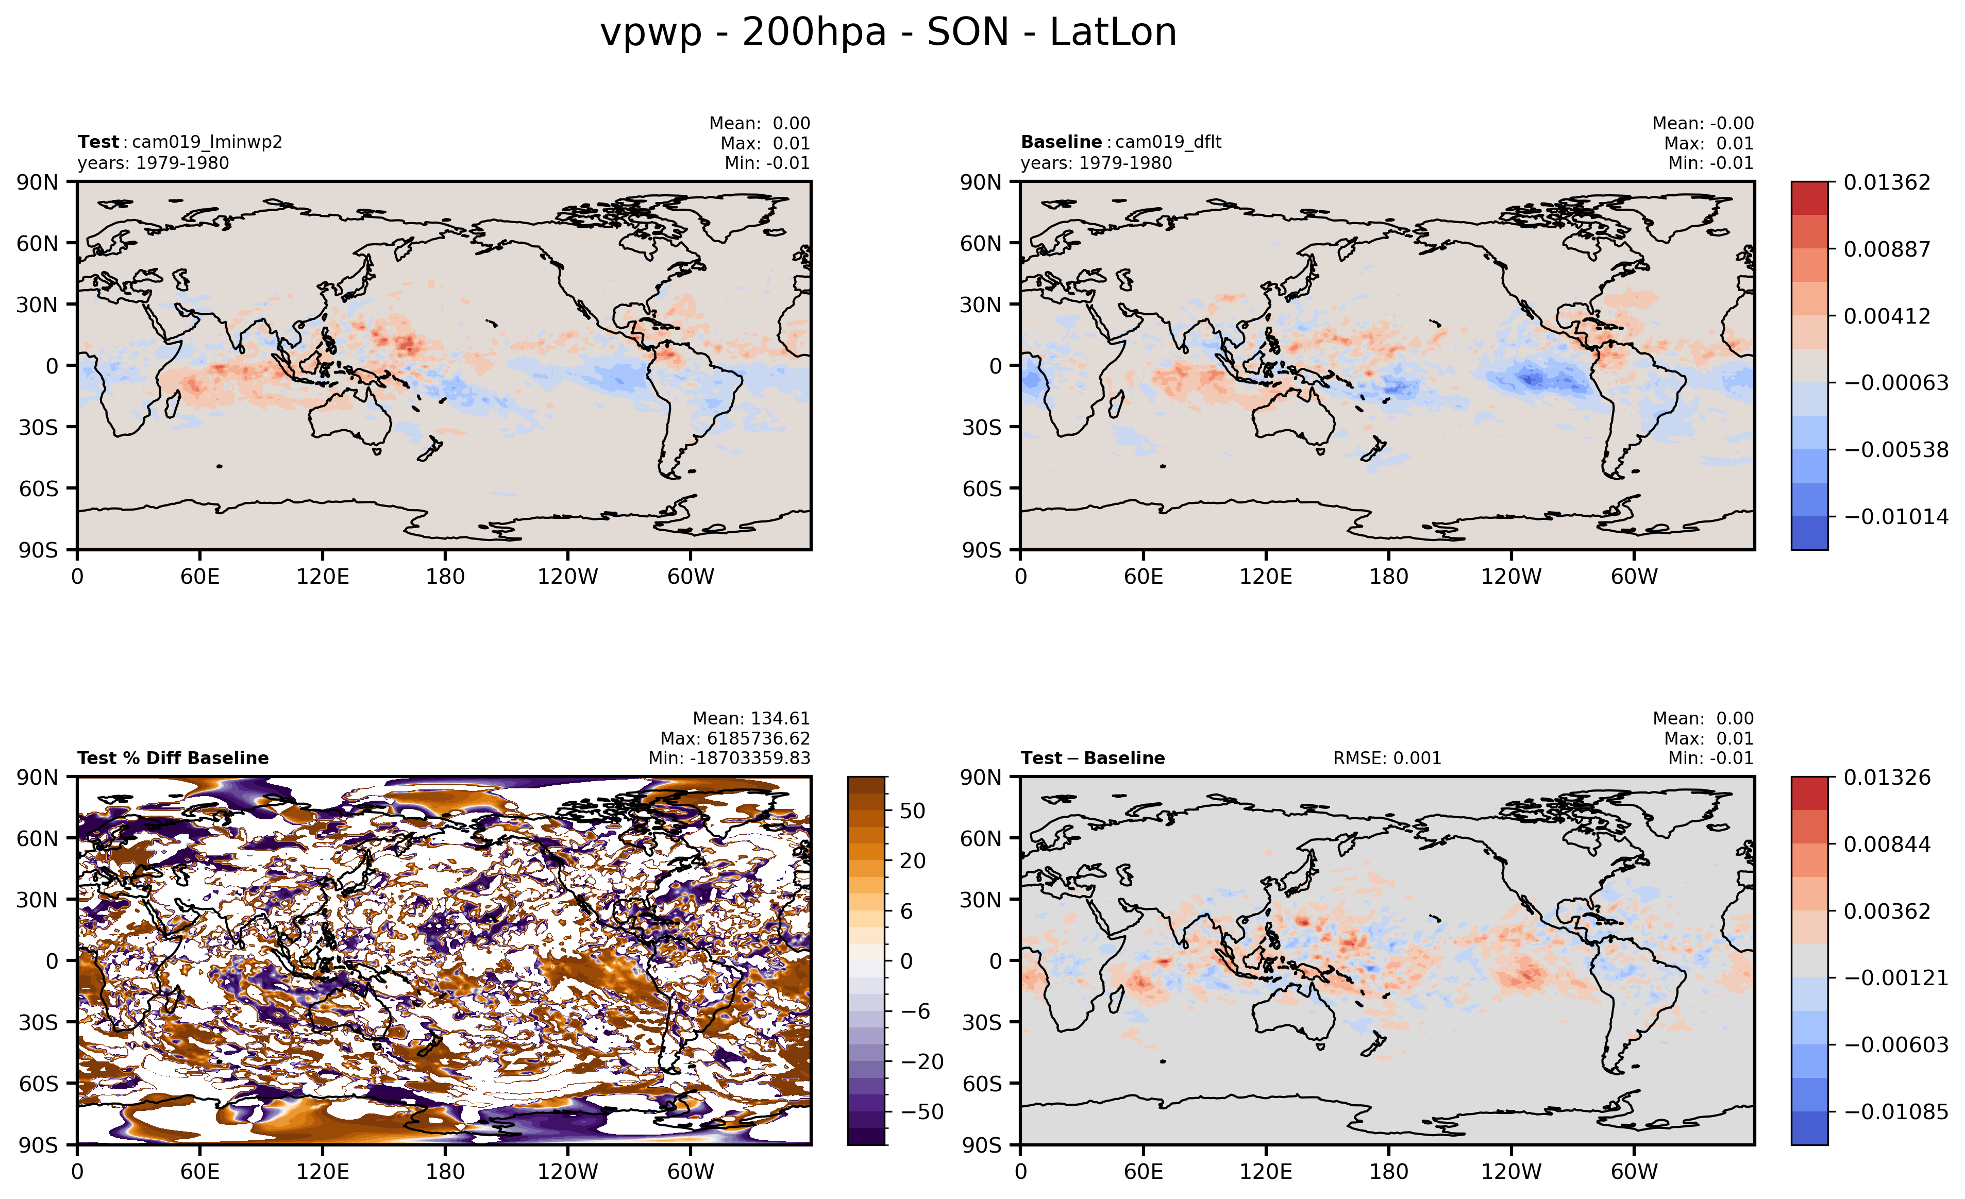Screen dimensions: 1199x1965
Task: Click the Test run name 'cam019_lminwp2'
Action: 207,142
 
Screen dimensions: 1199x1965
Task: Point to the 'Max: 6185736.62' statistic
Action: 734,738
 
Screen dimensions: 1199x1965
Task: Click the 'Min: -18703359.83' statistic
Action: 729,758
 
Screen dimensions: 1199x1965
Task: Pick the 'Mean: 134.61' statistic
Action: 750,718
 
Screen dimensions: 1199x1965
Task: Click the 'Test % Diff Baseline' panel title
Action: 173,758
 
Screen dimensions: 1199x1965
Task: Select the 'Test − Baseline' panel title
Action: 1093,758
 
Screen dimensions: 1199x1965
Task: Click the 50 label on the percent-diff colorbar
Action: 912,811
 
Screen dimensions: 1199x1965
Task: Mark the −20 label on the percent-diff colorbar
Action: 922,1062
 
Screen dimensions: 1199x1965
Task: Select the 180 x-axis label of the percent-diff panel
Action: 445,1172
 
